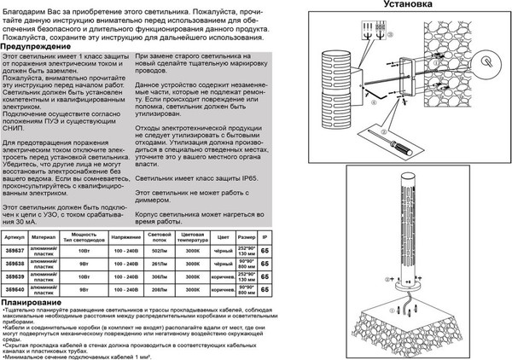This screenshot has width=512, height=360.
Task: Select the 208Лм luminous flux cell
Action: pyautogui.click(x=157, y=289)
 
